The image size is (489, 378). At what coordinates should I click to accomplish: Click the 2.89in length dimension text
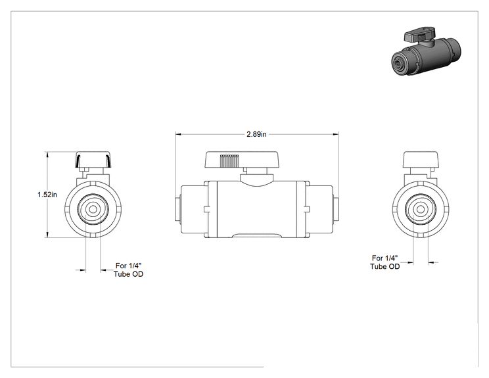tap(256, 134)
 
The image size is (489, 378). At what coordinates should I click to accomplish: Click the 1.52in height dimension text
tap(47, 195)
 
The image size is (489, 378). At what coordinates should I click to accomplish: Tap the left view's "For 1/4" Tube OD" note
tap(128, 270)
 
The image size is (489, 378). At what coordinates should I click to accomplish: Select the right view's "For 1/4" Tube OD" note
tap(385, 262)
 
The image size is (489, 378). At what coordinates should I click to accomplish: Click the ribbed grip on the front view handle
tap(229, 160)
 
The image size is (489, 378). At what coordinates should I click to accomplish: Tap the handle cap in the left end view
tap(93, 160)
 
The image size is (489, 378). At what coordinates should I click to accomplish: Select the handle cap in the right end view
tap(421, 159)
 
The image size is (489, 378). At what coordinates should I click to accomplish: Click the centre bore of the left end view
tap(93, 210)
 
